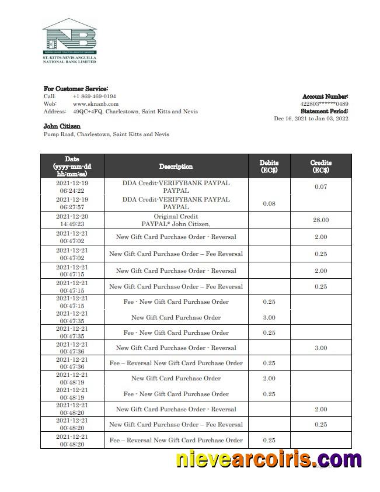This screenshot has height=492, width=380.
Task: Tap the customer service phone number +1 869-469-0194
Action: pos(94,96)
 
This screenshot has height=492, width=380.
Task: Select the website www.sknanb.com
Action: pos(95,103)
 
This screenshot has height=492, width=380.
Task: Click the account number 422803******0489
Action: pos(324,104)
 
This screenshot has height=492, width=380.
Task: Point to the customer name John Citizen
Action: pos(62,126)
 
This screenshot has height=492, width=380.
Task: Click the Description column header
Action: pos(176,167)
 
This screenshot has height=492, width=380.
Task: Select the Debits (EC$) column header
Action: pos(269,167)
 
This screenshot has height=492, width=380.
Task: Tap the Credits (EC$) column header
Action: pos(320,167)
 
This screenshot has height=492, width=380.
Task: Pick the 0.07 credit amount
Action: pos(320,187)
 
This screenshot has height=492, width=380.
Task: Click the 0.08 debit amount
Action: pos(269,203)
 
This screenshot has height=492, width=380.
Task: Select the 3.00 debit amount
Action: pos(269,317)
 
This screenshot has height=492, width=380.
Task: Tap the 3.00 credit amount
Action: pos(320,348)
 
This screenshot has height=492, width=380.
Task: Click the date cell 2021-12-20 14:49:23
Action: pos(72,220)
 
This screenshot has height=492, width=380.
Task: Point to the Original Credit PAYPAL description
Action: pos(176,220)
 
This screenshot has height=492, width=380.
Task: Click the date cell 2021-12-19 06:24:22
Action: pos(72,186)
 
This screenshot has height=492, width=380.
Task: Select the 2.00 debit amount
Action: pos(269,378)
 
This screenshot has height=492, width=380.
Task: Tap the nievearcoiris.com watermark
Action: pos(269,459)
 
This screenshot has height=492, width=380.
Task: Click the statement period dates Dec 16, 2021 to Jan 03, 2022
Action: pos(311,119)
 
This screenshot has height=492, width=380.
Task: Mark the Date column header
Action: pos(72,167)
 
